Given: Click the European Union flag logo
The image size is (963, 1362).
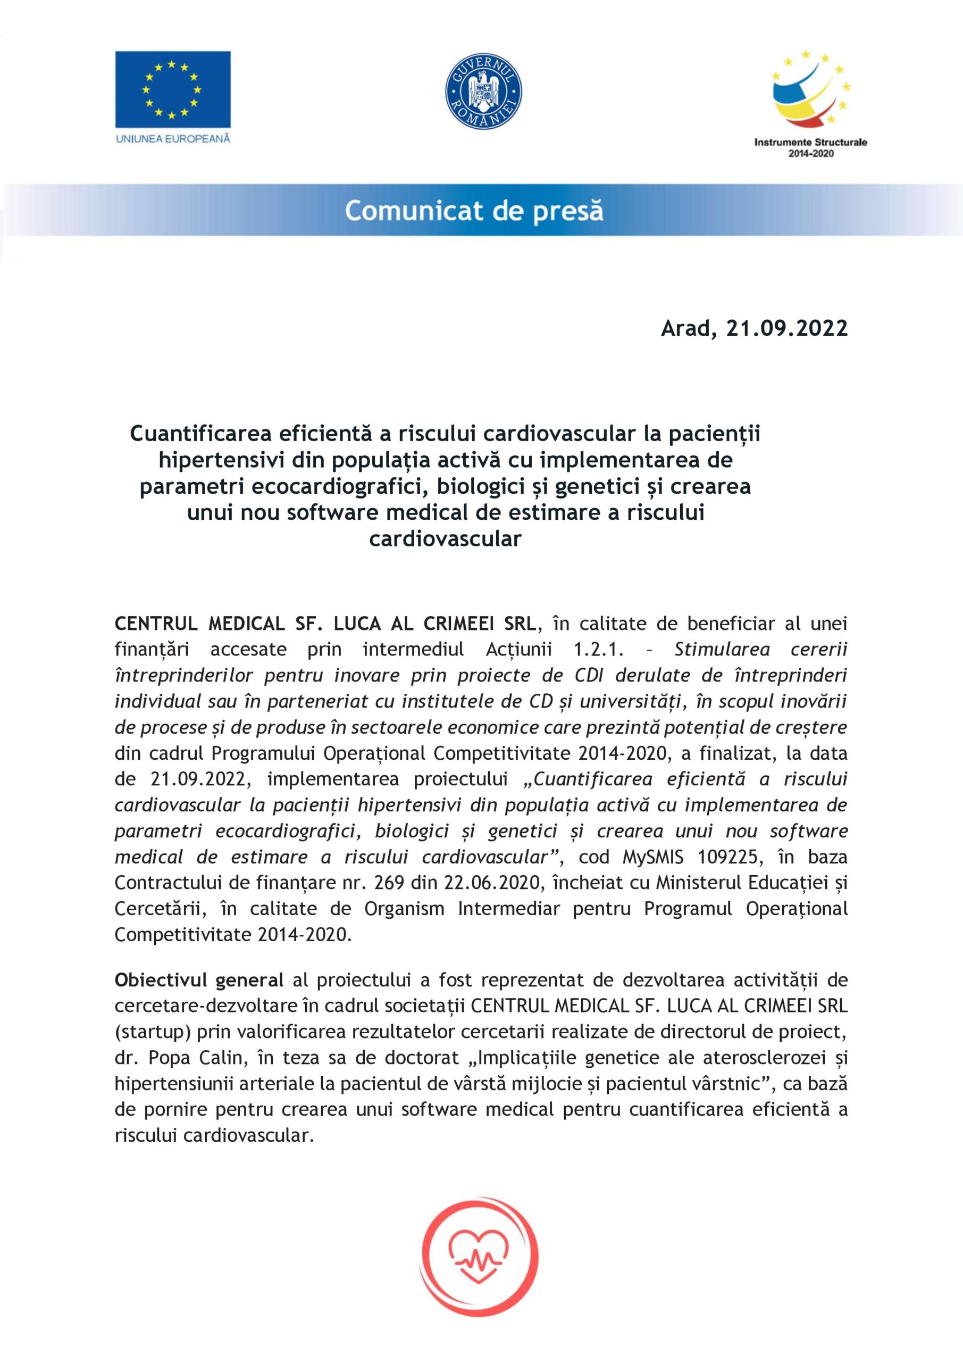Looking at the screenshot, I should tap(173, 89).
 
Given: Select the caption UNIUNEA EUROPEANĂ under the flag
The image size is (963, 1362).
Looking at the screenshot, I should tap(173, 139).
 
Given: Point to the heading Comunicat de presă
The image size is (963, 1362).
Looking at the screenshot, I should tap(474, 211).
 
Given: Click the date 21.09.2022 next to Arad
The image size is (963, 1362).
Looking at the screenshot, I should tap(787, 328).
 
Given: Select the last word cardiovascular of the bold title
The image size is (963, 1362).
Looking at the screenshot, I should tap(445, 538).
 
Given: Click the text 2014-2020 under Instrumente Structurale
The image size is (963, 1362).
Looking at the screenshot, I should tap(810, 154).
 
